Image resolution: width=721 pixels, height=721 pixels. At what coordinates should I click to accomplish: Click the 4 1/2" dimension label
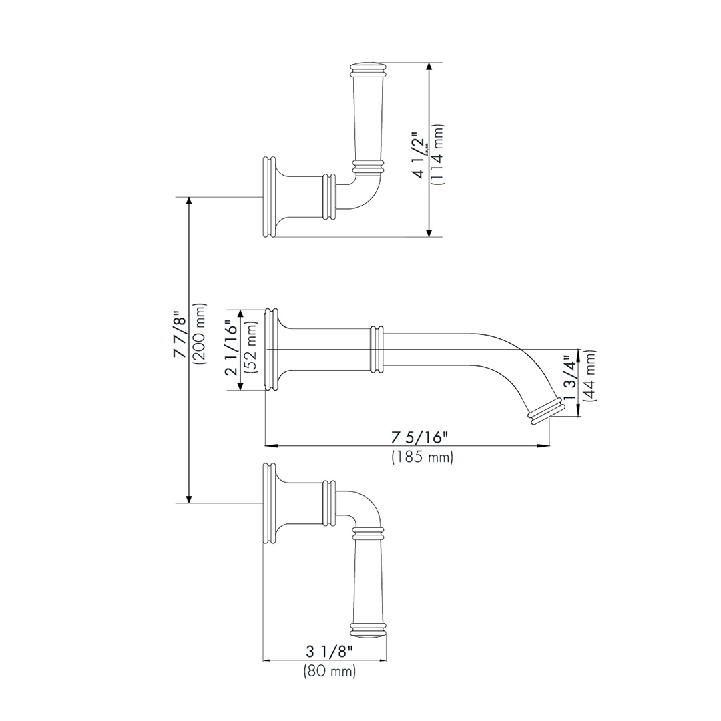point(419,155)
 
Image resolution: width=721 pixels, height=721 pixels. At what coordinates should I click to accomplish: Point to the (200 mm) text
point(200,333)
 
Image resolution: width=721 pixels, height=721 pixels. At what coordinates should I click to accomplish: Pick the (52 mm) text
point(252,350)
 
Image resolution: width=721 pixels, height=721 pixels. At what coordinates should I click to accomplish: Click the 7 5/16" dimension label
point(420,437)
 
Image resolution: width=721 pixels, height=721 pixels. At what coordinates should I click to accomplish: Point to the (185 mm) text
point(423,457)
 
